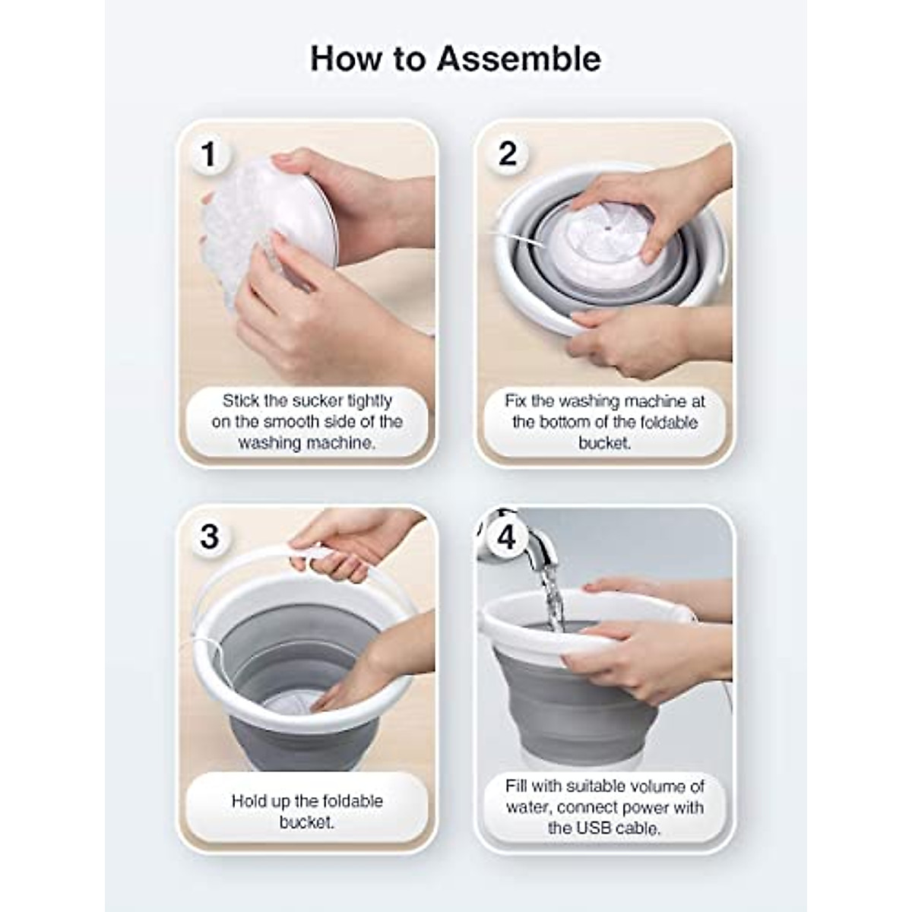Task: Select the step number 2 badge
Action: coord(508,154)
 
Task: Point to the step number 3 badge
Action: coord(209,537)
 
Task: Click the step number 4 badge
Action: coord(506,537)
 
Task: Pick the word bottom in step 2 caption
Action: coord(582,422)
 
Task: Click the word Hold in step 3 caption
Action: coord(250,801)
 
